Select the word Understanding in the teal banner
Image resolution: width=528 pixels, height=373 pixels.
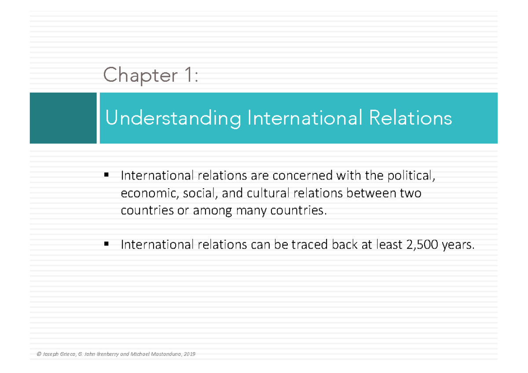(173, 119)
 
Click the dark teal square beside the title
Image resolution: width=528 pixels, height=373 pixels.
(63, 118)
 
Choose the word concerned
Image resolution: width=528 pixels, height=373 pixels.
(302, 176)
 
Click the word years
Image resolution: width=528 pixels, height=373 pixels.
(458, 245)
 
